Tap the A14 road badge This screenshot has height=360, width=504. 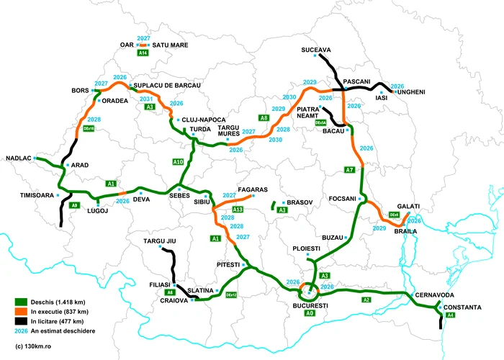pyautogui.click(x=143, y=53)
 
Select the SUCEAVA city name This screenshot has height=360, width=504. pyautogui.click(x=316, y=50)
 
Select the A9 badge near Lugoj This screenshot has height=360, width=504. pyautogui.click(x=74, y=205)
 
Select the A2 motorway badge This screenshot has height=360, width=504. pyautogui.click(x=366, y=300)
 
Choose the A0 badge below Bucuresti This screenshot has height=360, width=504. pyautogui.click(x=310, y=314)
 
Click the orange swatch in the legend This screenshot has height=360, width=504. pyautogui.click(x=23, y=312)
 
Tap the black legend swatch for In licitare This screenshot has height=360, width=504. pyautogui.click(x=23, y=320)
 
